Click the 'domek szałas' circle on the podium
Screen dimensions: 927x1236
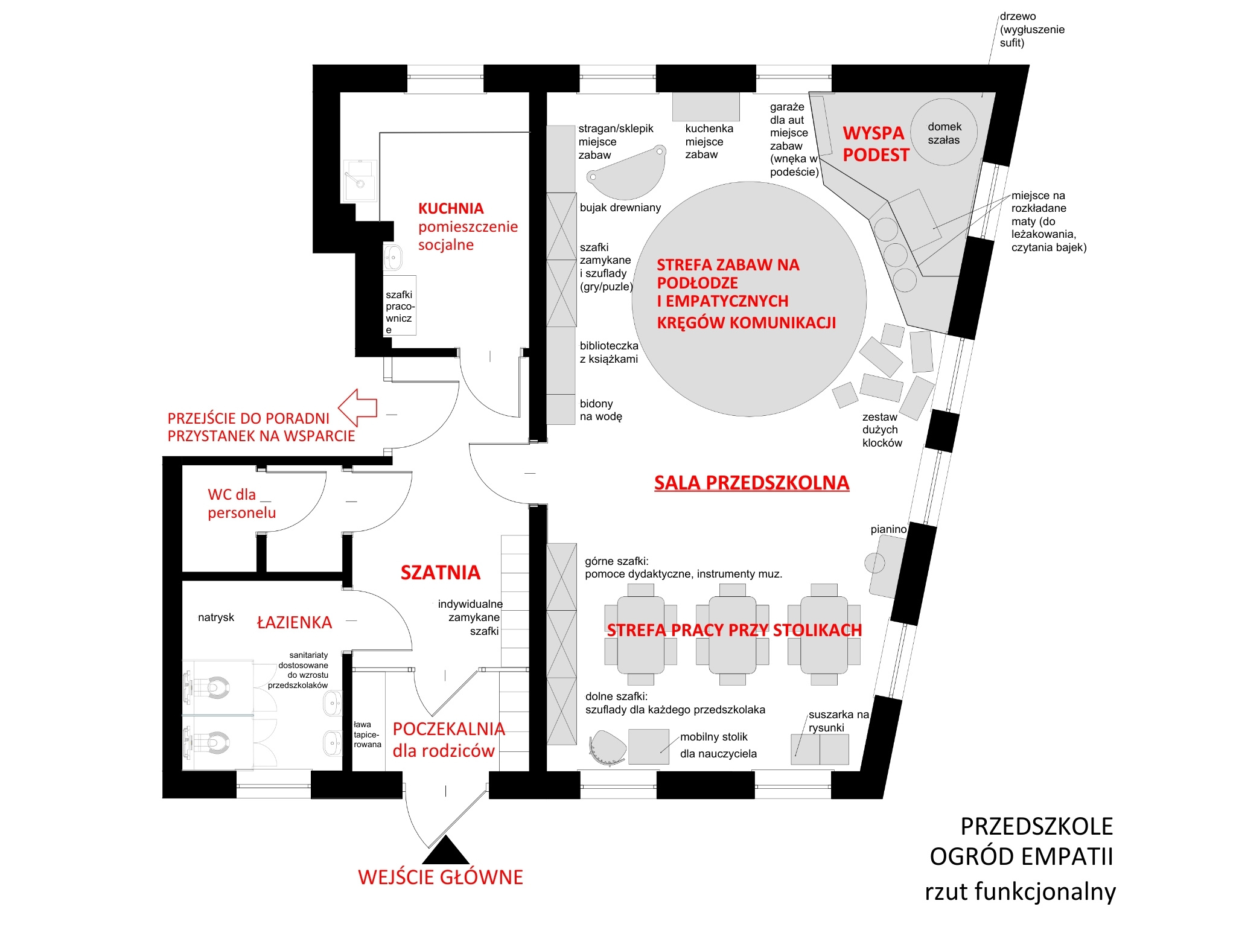(x=943, y=132)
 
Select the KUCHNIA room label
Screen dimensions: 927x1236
(x=451, y=209)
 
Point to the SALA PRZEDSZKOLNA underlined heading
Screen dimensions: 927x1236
(x=751, y=483)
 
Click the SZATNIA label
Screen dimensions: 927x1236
(x=441, y=572)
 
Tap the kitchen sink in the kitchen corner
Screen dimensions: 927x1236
(x=360, y=180)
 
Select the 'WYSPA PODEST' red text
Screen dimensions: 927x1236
(x=875, y=144)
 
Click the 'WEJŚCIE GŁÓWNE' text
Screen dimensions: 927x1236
(x=441, y=877)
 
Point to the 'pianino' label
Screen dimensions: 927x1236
(x=888, y=529)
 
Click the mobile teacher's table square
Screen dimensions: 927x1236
(x=648, y=747)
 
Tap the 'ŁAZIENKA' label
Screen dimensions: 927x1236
(x=295, y=623)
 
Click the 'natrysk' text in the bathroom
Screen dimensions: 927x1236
(x=216, y=617)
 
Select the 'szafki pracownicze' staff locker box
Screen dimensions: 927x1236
(x=400, y=311)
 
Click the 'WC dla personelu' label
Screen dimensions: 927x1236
(x=241, y=504)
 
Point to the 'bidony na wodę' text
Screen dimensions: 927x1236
(x=600, y=410)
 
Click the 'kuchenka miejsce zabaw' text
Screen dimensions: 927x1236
(x=709, y=141)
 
